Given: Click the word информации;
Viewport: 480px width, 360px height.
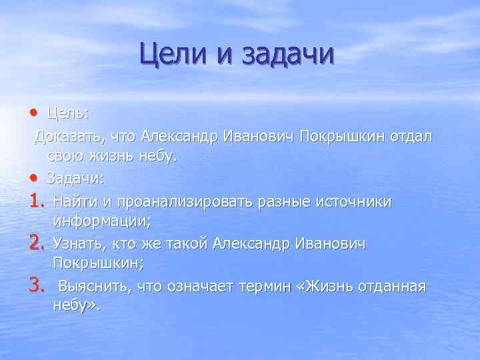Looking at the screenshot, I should pos(102,222).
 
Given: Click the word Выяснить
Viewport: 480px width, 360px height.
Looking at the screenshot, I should pos(94,287).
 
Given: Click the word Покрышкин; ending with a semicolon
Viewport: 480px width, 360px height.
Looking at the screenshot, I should pos(99,265).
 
